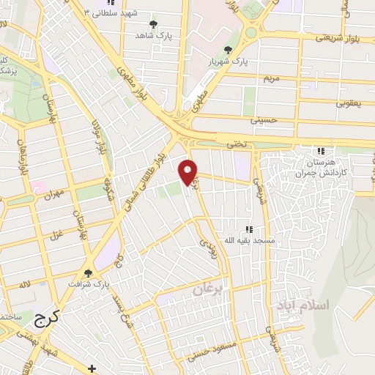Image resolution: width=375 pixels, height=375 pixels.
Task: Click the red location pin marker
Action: click(189, 171)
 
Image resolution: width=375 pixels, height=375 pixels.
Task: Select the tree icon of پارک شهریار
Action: click(229, 50)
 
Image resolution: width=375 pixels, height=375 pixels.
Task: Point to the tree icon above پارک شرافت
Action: click(89, 272)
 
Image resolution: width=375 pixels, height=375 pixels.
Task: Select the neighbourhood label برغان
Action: click(207, 290)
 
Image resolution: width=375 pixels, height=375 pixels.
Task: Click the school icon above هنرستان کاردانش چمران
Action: click(320, 150)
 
